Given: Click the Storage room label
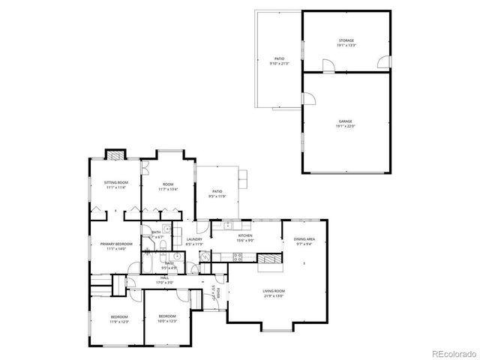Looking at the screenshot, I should (x=345, y=42).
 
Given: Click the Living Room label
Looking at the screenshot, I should (x=273, y=292).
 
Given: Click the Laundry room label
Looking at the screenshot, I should (x=194, y=241).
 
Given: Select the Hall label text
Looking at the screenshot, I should (x=164, y=280).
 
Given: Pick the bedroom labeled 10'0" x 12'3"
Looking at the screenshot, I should (x=166, y=317).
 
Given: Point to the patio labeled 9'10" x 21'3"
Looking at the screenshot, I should (x=279, y=61).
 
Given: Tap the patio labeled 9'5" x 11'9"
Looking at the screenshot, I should (x=217, y=194).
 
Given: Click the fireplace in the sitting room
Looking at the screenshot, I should (x=115, y=156).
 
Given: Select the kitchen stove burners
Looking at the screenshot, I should (x=237, y=256).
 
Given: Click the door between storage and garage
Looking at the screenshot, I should (x=328, y=70).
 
